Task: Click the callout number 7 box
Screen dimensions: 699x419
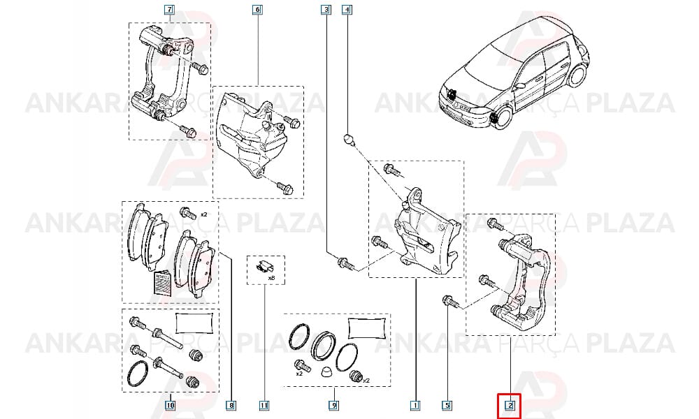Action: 169,9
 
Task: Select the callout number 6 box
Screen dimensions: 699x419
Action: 257,9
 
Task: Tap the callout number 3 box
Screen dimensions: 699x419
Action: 326,9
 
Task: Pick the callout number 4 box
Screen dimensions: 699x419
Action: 347,9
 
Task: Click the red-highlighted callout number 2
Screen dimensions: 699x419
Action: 510,405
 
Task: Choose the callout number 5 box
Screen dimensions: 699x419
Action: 447,405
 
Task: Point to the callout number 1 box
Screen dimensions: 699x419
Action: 415,405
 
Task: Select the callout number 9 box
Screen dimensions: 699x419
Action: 333,405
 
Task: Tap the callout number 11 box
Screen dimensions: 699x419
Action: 264,405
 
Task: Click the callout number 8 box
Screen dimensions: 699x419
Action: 231,405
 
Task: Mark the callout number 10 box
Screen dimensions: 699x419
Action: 170,405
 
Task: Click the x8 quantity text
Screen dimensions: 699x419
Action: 271,279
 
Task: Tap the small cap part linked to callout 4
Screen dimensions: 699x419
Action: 349,140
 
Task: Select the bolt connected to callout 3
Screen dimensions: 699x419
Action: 346,263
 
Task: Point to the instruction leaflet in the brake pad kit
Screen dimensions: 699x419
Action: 163,284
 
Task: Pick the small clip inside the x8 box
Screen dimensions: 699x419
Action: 266,267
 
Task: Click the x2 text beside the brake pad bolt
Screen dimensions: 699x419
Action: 203,214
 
